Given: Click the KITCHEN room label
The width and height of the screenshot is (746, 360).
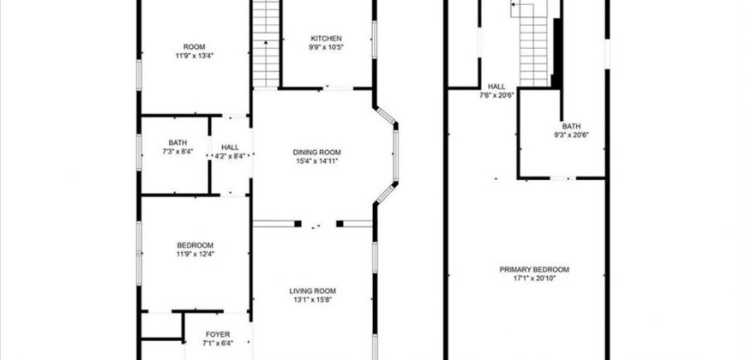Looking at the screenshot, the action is [326, 39].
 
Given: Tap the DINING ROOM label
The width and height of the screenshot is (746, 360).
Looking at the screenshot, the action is [317, 153].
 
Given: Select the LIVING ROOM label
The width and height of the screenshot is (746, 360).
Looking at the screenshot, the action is [313, 291].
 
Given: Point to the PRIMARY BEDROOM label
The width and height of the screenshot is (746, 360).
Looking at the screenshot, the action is [534, 270].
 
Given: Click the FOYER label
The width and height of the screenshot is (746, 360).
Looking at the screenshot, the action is [218, 334].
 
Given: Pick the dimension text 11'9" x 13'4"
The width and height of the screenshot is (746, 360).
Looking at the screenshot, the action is [194, 55].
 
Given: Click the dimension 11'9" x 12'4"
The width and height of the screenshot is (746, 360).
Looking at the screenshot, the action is [195, 254].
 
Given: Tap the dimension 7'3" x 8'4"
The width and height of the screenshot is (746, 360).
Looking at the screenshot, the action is [177, 151].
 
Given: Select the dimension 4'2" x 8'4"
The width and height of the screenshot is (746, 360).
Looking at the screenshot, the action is [230, 155].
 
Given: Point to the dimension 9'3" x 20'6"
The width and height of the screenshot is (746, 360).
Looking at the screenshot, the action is [571, 135].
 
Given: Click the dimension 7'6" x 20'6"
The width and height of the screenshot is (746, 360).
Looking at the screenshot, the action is [496, 95].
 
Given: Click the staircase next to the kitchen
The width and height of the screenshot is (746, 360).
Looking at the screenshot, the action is [266, 44].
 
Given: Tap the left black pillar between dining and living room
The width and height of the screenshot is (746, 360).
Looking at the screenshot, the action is [298, 224].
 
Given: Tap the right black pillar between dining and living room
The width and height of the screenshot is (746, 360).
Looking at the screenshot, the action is [340, 224].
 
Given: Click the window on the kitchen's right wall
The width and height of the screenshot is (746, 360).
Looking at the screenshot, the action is [375, 39].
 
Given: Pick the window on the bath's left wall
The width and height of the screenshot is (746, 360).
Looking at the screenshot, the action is [139, 153].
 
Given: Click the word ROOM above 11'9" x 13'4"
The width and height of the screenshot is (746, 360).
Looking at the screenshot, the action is [194, 46].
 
